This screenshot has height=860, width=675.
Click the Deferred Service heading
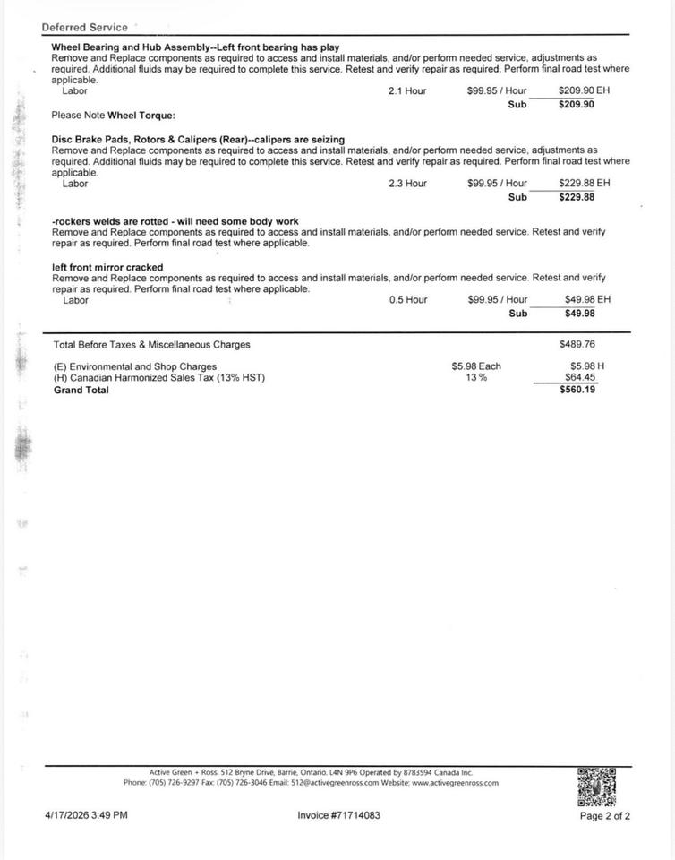pyautogui.click(x=84, y=28)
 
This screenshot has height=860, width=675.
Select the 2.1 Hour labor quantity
pyautogui.click(x=407, y=91)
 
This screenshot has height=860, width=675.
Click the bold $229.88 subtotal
pyautogui.click(x=577, y=197)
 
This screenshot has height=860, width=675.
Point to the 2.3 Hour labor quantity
pyautogui.click(x=407, y=184)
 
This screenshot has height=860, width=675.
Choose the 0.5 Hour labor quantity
pyautogui.click(x=407, y=300)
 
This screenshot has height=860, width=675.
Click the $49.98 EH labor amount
pyautogui.click(x=587, y=300)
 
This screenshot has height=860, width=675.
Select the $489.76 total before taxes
pyautogui.click(x=577, y=344)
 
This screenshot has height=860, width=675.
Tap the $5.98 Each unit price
pyautogui.click(x=476, y=366)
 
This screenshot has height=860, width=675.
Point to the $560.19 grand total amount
pyautogui.click(x=577, y=390)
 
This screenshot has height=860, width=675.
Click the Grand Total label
pyautogui.click(x=81, y=390)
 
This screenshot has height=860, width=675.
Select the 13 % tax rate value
pyautogui.click(x=476, y=378)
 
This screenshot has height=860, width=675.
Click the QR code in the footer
pyautogui.click(x=597, y=787)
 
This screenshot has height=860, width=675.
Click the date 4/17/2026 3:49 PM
pyautogui.click(x=86, y=815)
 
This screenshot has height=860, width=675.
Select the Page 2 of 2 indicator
pyautogui.click(x=605, y=816)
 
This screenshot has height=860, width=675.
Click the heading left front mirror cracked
pyautogui.click(x=107, y=267)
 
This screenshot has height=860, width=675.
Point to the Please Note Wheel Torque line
pyautogui.click(x=113, y=116)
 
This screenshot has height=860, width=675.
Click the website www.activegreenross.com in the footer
pyautogui.click(x=455, y=783)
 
